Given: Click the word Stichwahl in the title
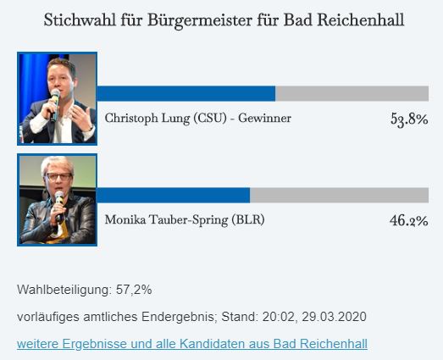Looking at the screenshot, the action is pos(80,20).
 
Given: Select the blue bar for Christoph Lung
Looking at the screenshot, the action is pos(186,93).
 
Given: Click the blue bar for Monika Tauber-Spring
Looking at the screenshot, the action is pos(173,195).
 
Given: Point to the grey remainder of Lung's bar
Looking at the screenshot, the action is pos(352,93).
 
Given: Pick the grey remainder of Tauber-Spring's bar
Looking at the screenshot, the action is pos(340,195).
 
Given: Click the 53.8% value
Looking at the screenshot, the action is pos(409,119).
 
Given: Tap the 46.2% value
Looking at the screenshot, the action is pos(409,220).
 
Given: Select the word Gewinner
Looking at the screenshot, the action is pos(264,118).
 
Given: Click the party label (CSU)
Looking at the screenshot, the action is pos(210,118).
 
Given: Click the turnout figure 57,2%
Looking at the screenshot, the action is pos(134,290).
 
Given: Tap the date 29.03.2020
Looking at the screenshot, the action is pos(334,317).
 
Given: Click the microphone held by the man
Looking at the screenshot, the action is pos(54,104).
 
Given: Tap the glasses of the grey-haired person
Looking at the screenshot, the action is pos(58,177).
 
